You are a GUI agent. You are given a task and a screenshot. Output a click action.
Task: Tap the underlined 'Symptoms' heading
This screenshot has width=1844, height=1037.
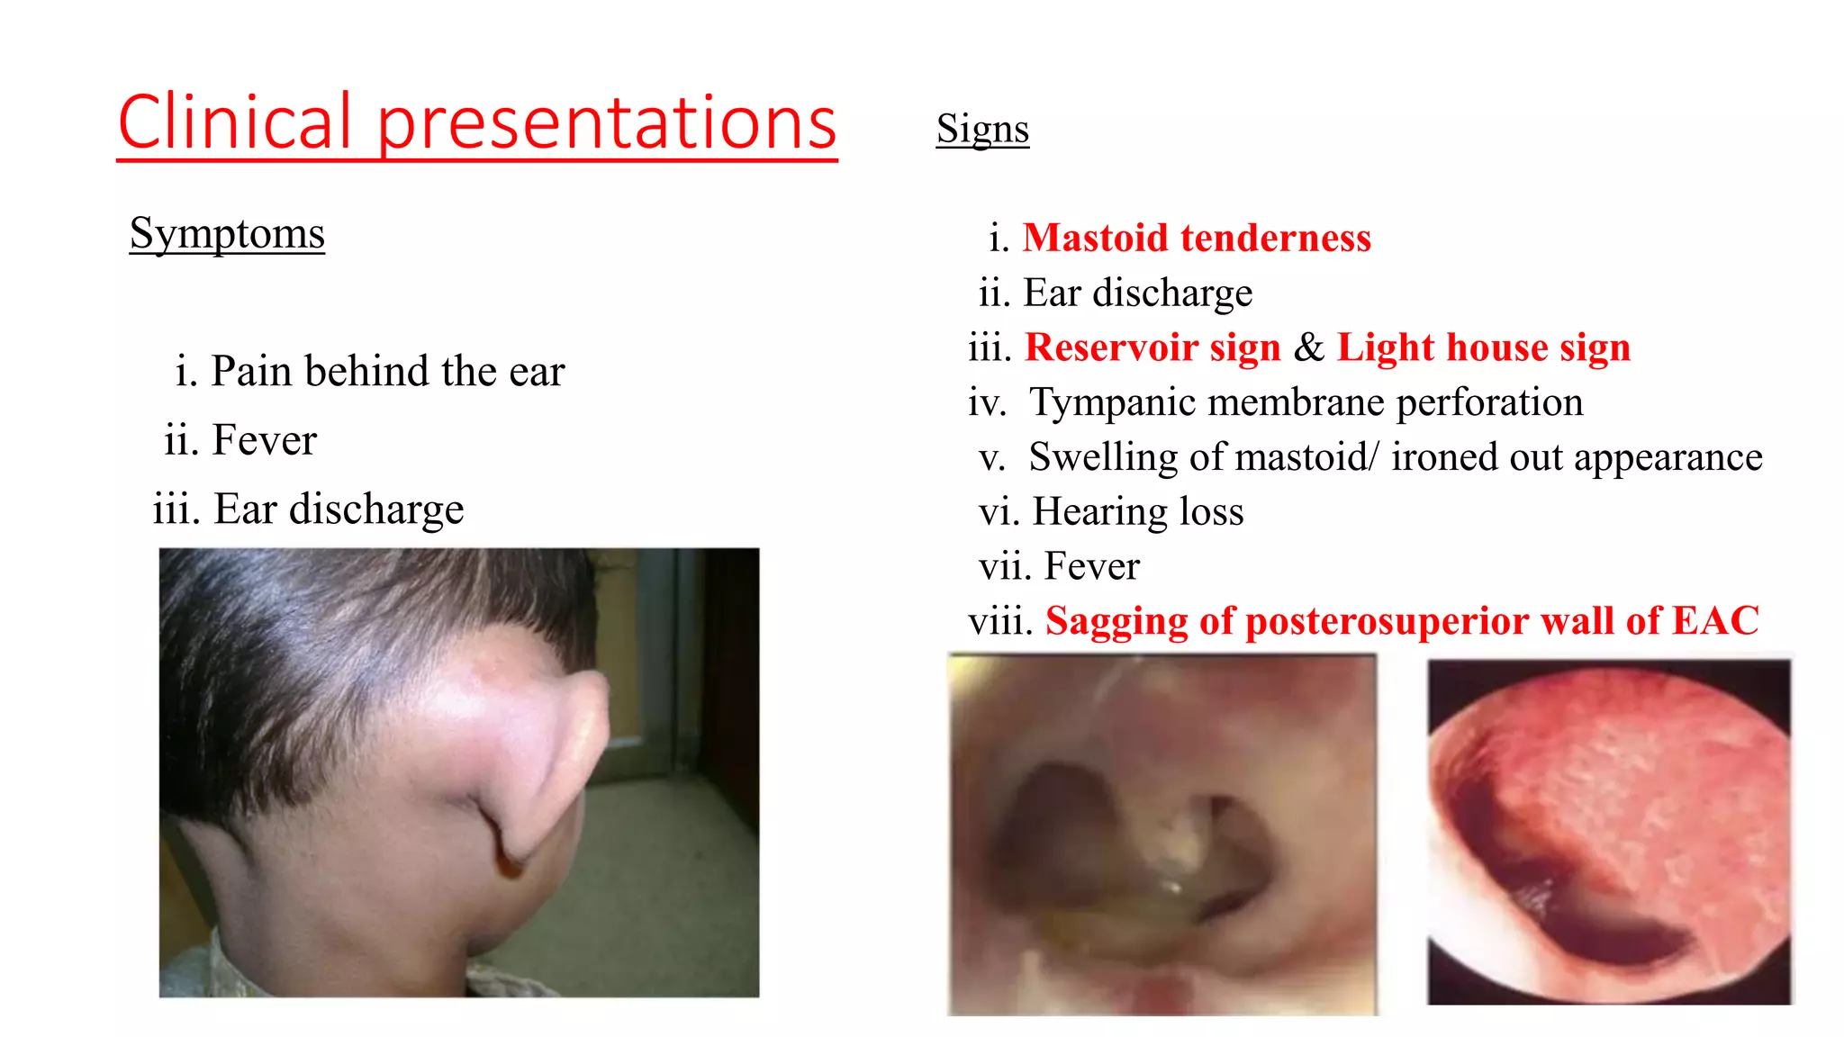227,234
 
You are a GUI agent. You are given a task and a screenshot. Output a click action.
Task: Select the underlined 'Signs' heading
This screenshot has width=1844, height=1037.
982,129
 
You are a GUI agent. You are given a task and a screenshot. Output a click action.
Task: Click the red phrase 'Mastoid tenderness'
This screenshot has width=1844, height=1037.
1197,239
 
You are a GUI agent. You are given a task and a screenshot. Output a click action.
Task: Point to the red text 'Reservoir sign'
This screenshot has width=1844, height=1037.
1152,347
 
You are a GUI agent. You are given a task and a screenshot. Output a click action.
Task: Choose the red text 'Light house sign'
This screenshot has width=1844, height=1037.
1483,347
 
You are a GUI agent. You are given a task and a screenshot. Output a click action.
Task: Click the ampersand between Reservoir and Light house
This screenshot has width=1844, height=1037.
1309,347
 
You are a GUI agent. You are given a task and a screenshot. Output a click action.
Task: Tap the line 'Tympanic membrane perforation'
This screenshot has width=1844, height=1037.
1306,402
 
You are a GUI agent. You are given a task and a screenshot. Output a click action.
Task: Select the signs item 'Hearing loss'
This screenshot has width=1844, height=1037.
1138,512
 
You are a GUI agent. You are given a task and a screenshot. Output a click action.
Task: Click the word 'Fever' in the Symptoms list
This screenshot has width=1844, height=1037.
265,441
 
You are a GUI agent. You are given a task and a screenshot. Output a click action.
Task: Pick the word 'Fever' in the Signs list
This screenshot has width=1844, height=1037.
1092,567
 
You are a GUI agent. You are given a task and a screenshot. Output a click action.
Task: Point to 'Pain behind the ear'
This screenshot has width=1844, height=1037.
387,372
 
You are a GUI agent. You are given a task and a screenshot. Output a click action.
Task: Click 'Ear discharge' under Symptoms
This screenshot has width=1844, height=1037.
339,509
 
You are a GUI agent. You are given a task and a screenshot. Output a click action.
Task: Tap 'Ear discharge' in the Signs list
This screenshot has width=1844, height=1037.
1138,293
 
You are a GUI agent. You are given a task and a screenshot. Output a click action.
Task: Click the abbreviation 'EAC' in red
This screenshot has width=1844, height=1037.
1715,621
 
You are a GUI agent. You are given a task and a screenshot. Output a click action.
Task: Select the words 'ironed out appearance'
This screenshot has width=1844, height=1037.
1577,457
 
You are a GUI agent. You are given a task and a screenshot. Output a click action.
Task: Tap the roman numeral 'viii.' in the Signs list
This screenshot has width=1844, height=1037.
1000,621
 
